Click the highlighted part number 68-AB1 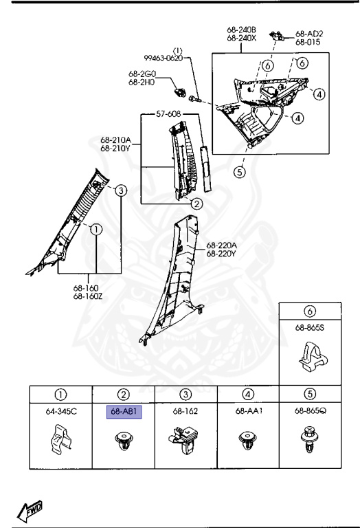click(x=124, y=412)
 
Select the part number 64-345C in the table click(x=60, y=412)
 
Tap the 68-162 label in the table click(x=185, y=412)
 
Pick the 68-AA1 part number click(x=248, y=412)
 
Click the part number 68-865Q click(x=311, y=412)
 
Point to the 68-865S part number click(x=310, y=328)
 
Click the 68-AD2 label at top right click(x=309, y=33)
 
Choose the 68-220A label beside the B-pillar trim click(x=222, y=245)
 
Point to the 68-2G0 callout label click(x=142, y=74)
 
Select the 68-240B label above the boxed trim click(x=241, y=30)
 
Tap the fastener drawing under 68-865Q click(x=311, y=442)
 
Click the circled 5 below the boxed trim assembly click(x=239, y=172)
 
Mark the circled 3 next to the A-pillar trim click(x=120, y=190)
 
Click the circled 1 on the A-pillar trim click(x=95, y=229)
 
